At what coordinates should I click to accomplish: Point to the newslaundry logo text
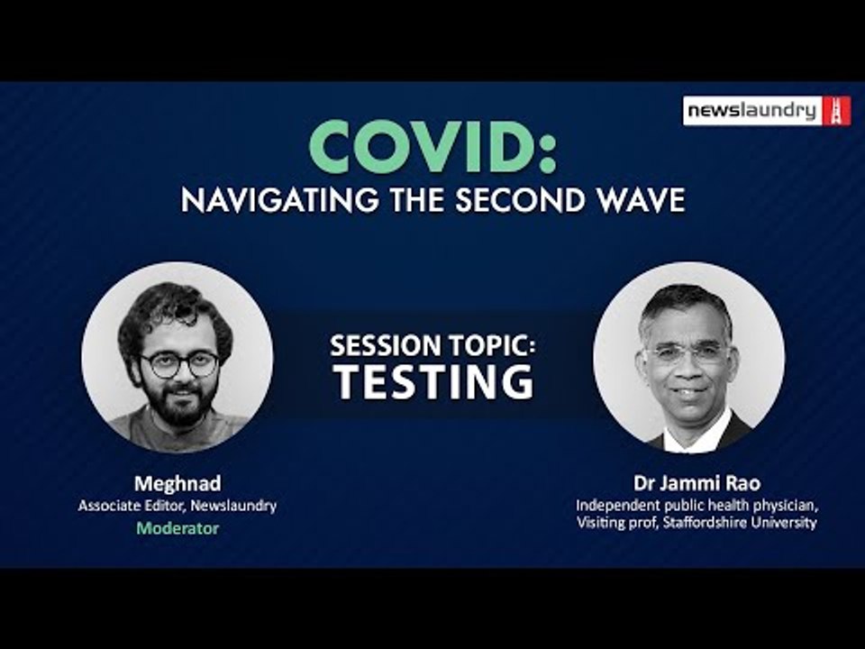tap(751, 111)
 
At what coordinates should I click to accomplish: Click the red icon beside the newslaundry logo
tap(836, 111)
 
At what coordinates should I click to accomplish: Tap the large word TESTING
tap(433, 381)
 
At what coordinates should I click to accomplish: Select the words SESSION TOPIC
tap(433, 345)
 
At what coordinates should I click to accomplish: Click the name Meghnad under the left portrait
tap(178, 484)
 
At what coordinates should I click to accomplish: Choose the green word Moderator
tap(178, 528)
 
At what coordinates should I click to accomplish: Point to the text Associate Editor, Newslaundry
tap(178, 506)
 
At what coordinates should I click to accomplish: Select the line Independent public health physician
tap(697, 505)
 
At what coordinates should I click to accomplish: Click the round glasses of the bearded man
tap(179, 364)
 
